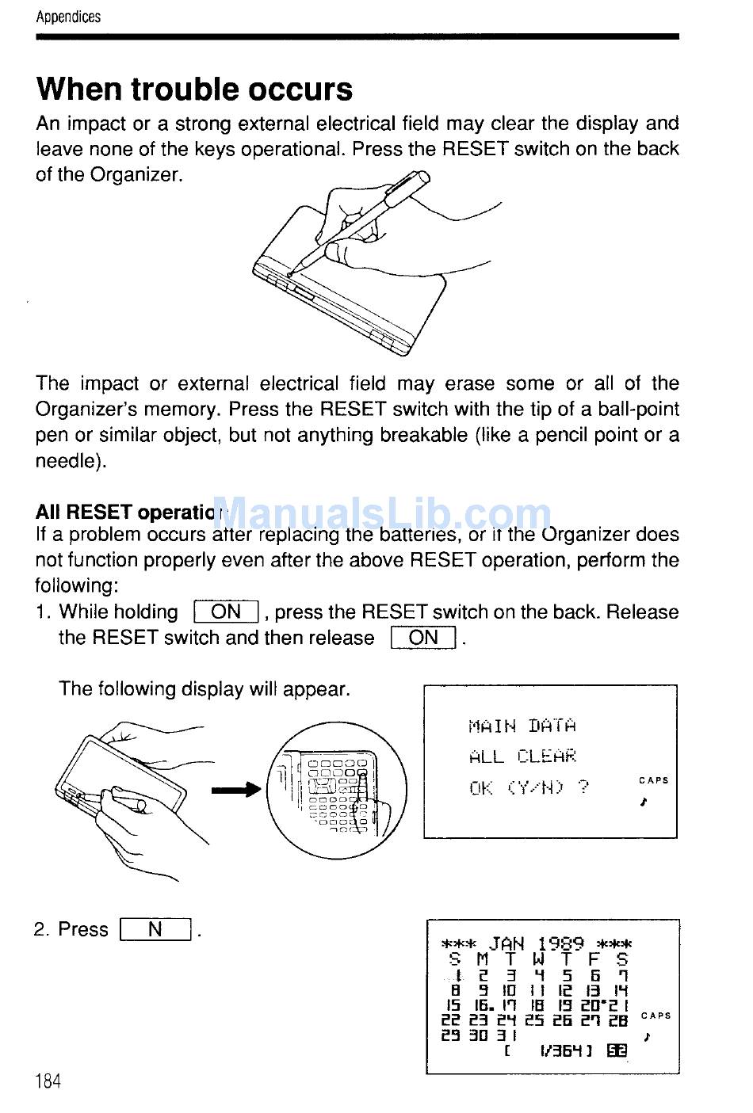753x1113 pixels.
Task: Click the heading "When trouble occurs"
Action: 194,89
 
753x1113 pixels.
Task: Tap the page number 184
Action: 48,1081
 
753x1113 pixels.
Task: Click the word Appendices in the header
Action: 68,17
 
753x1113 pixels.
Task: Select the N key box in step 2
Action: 155,929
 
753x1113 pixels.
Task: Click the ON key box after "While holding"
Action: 226,612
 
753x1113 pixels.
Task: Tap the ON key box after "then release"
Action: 423,638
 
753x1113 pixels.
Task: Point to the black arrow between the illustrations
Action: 235,789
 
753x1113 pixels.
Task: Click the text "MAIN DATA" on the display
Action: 522,726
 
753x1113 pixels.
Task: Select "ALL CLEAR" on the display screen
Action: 522,757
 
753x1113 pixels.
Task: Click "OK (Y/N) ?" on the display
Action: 529,787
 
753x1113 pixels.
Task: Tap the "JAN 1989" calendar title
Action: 537,943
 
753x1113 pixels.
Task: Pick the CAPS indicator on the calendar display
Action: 656,1016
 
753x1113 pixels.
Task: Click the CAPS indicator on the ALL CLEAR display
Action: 654,780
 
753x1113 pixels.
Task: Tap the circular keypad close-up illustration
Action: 336,789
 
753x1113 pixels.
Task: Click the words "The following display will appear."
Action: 204,688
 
